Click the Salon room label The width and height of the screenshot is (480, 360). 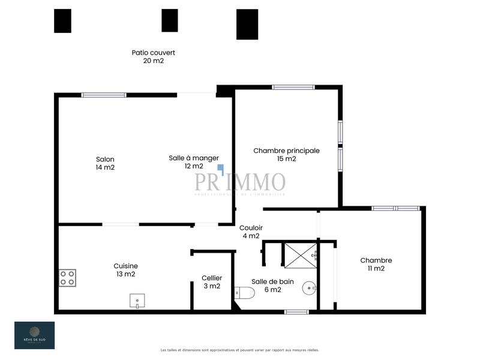click(x=105, y=163)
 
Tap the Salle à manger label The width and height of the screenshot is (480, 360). click(x=190, y=162)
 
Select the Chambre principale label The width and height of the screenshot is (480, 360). click(x=286, y=155)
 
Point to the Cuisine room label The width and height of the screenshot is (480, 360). click(x=125, y=270)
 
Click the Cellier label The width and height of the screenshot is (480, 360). click(x=212, y=282)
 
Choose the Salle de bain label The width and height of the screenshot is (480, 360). click(x=266, y=286)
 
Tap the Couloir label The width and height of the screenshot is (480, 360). click(x=251, y=232)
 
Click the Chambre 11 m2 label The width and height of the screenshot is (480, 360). click(x=376, y=264)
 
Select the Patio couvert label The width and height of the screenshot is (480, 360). click(x=153, y=56)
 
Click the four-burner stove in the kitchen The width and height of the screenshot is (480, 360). click(x=67, y=278)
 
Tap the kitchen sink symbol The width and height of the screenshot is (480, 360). click(x=137, y=301)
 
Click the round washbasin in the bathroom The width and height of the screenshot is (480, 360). click(x=310, y=288)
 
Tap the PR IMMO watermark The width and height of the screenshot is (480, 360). click(x=239, y=182)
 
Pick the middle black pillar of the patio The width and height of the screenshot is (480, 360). click(x=170, y=20)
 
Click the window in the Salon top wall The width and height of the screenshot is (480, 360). click(x=104, y=95)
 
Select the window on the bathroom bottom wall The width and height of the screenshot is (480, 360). click(x=296, y=311)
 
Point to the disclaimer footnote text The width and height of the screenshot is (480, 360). click(x=239, y=350)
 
